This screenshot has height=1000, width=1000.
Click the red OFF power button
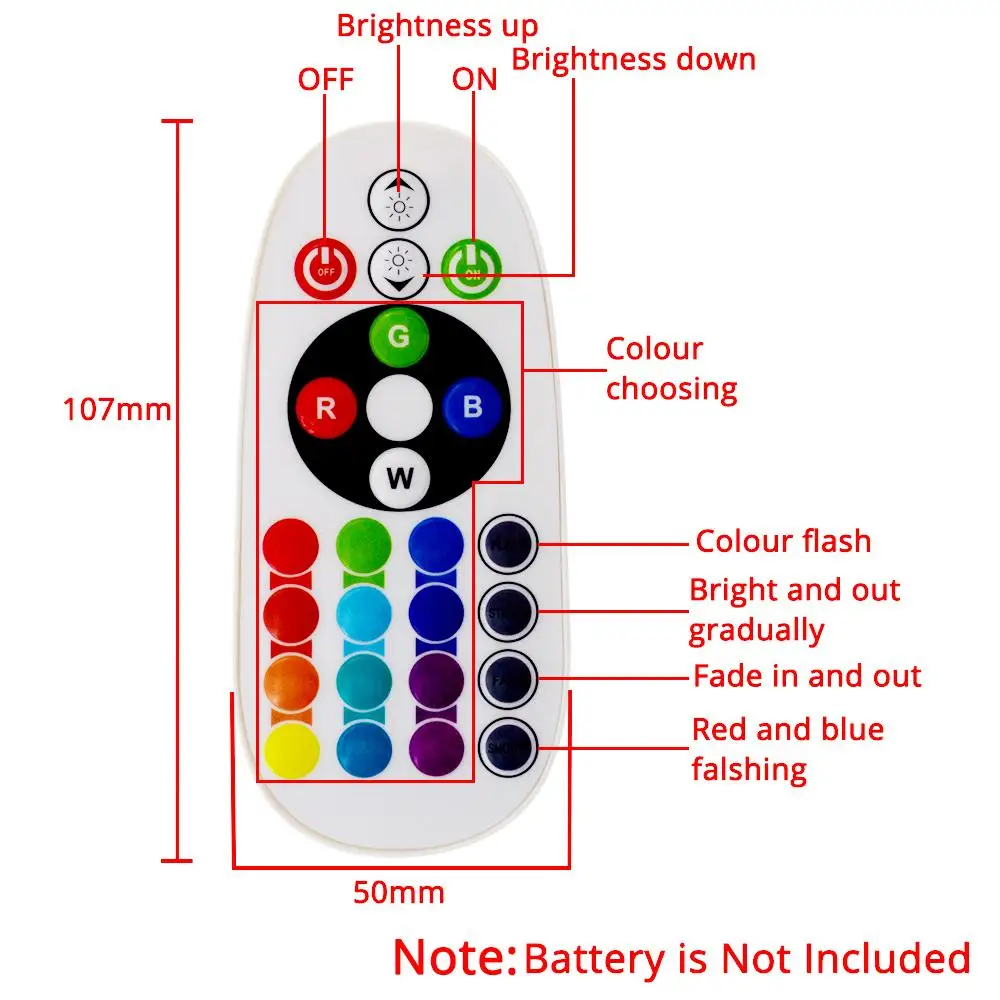325,267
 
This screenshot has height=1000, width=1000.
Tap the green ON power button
471,267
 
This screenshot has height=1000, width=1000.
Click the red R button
325,408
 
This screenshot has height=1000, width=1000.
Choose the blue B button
472,407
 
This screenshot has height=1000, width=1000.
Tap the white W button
399,478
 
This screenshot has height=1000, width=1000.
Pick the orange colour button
290,680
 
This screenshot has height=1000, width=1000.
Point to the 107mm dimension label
117,410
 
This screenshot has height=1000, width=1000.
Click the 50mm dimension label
398,892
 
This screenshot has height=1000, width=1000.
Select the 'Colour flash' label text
783,541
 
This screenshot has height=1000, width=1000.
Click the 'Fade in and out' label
807,676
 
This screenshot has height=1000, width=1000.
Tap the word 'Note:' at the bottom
455,957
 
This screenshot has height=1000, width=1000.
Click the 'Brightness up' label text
437,25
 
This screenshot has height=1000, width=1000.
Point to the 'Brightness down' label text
634,59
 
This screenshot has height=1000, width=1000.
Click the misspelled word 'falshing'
748,769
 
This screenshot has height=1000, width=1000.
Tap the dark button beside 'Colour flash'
508,545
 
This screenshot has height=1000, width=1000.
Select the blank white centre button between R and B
398,408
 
